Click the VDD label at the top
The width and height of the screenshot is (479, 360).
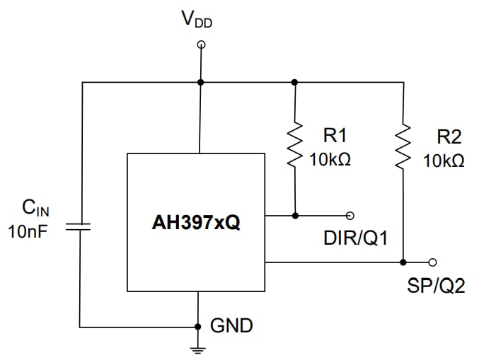(197, 21)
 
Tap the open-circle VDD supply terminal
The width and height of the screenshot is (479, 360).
(201, 45)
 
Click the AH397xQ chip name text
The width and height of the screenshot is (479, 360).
(195, 223)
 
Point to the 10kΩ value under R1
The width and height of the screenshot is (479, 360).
(330, 159)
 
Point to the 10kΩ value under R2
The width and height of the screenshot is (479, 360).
(444, 161)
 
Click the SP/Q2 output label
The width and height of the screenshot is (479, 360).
(436, 286)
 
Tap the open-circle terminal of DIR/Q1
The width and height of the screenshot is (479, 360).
(349, 215)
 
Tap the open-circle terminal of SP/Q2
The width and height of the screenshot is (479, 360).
(432, 262)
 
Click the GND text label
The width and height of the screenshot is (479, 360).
(231, 326)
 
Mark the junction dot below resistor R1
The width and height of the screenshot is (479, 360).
(295, 215)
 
